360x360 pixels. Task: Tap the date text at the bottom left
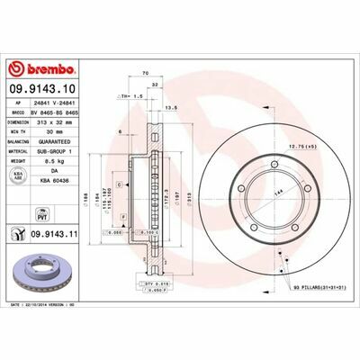pyautogui.click(x=54, y=306)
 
